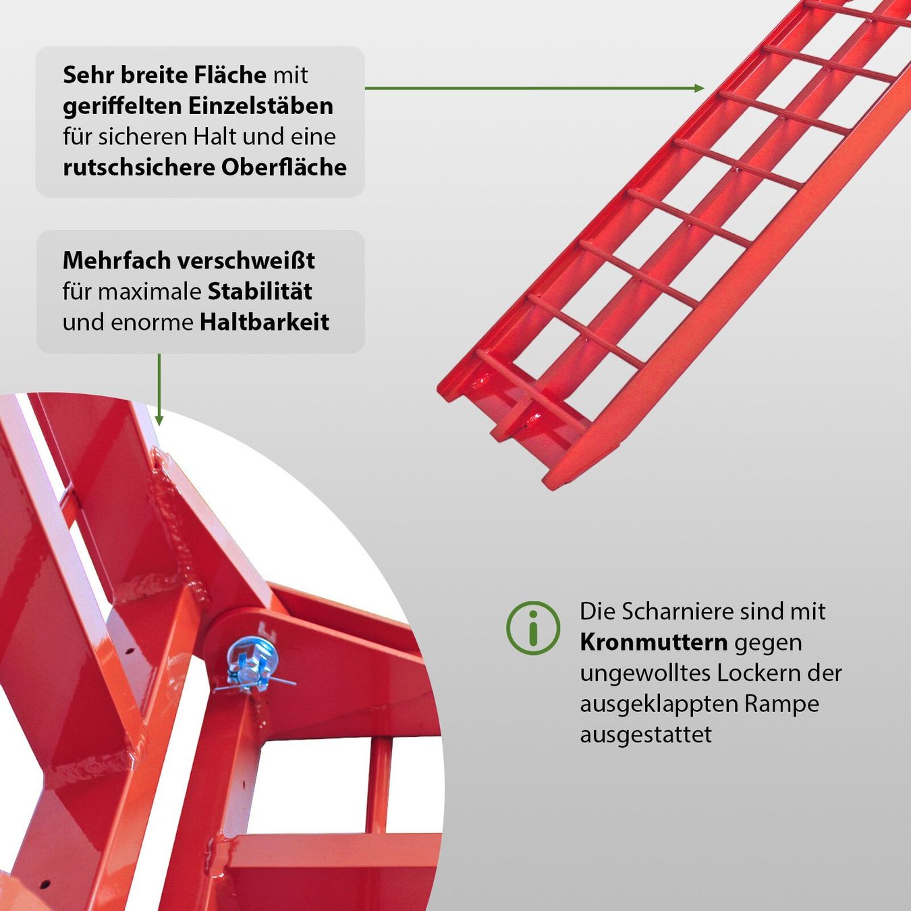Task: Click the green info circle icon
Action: (533, 628)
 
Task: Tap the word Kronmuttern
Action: (654, 643)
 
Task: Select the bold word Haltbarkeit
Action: (265, 323)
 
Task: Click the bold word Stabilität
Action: (260, 292)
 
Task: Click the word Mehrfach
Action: (117, 260)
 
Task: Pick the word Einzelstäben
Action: (260, 106)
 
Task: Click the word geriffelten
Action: (122, 107)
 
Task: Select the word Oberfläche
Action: (284, 167)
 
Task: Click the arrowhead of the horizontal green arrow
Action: (700, 88)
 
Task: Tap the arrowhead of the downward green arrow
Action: (159, 420)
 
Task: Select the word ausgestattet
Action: (646, 735)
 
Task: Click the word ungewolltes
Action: (645, 674)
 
